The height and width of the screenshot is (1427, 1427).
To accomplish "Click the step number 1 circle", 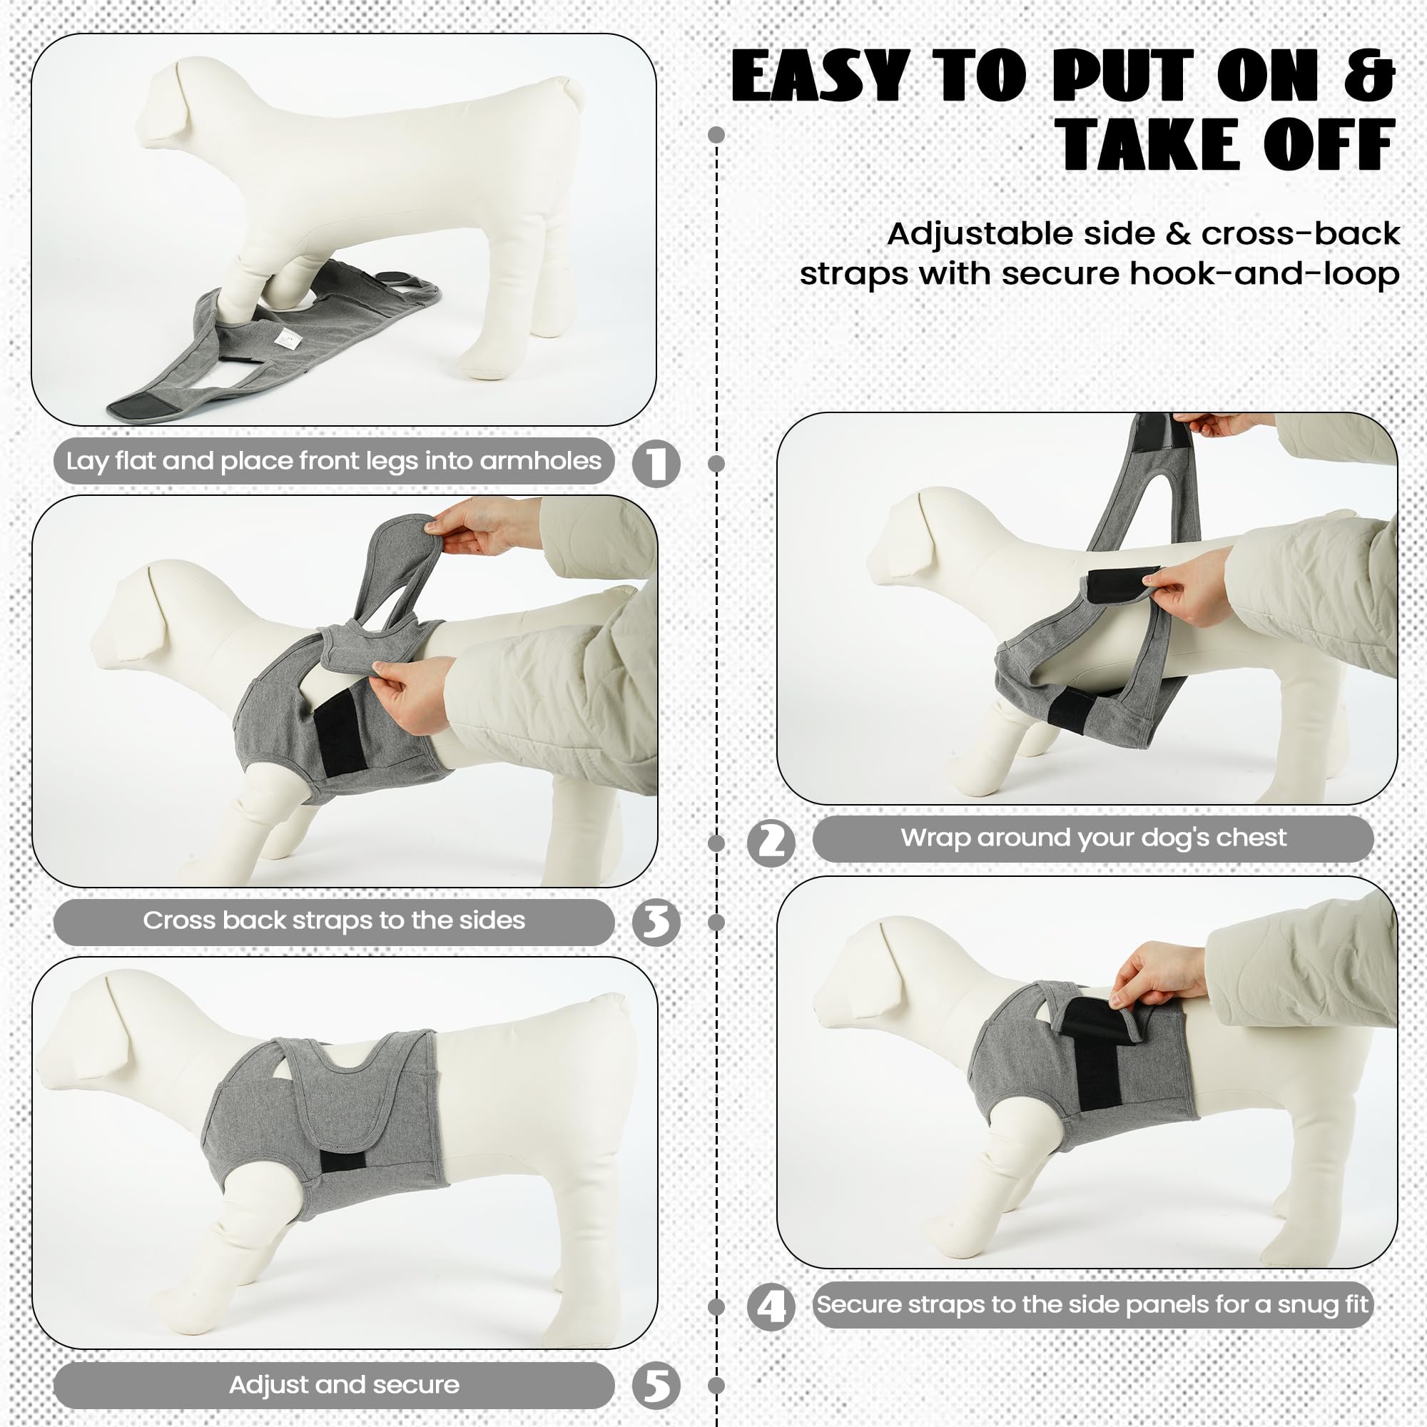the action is coord(656,463).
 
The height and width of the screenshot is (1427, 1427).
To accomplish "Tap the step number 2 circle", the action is coord(771,843).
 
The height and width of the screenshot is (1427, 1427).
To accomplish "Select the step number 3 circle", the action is coord(656,923).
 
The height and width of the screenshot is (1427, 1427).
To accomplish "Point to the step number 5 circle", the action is coord(656,1386).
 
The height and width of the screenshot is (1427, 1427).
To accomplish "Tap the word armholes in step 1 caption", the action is coord(541,461).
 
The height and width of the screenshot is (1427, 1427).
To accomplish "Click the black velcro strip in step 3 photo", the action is coord(340,733).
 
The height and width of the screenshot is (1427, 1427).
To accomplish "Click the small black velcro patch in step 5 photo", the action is coord(342,1160).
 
